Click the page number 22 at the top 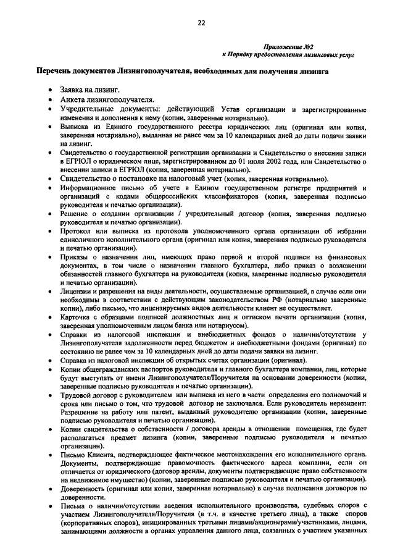coord(201,23)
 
